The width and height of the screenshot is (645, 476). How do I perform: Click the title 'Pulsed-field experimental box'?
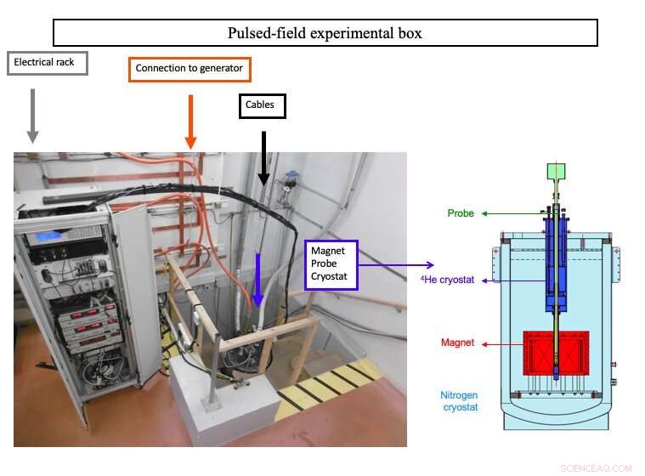click(x=325, y=33)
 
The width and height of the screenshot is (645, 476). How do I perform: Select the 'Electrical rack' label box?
click(x=47, y=63)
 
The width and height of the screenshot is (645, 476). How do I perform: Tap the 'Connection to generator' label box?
click(x=190, y=68)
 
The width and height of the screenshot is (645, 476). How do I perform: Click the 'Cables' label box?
click(x=262, y=105)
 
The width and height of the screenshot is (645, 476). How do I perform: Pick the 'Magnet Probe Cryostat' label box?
click(x=331, y=264)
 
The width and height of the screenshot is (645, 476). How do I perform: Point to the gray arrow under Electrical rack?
click(x=33, y=115)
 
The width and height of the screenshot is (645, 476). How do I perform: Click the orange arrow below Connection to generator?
click(x=190, y=121)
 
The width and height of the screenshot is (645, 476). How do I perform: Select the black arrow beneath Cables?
click(x=263, y=157)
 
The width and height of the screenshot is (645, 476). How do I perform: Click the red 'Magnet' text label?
click(x=457, y=343)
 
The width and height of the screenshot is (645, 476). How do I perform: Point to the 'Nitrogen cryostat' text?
click(x=460, y=400)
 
